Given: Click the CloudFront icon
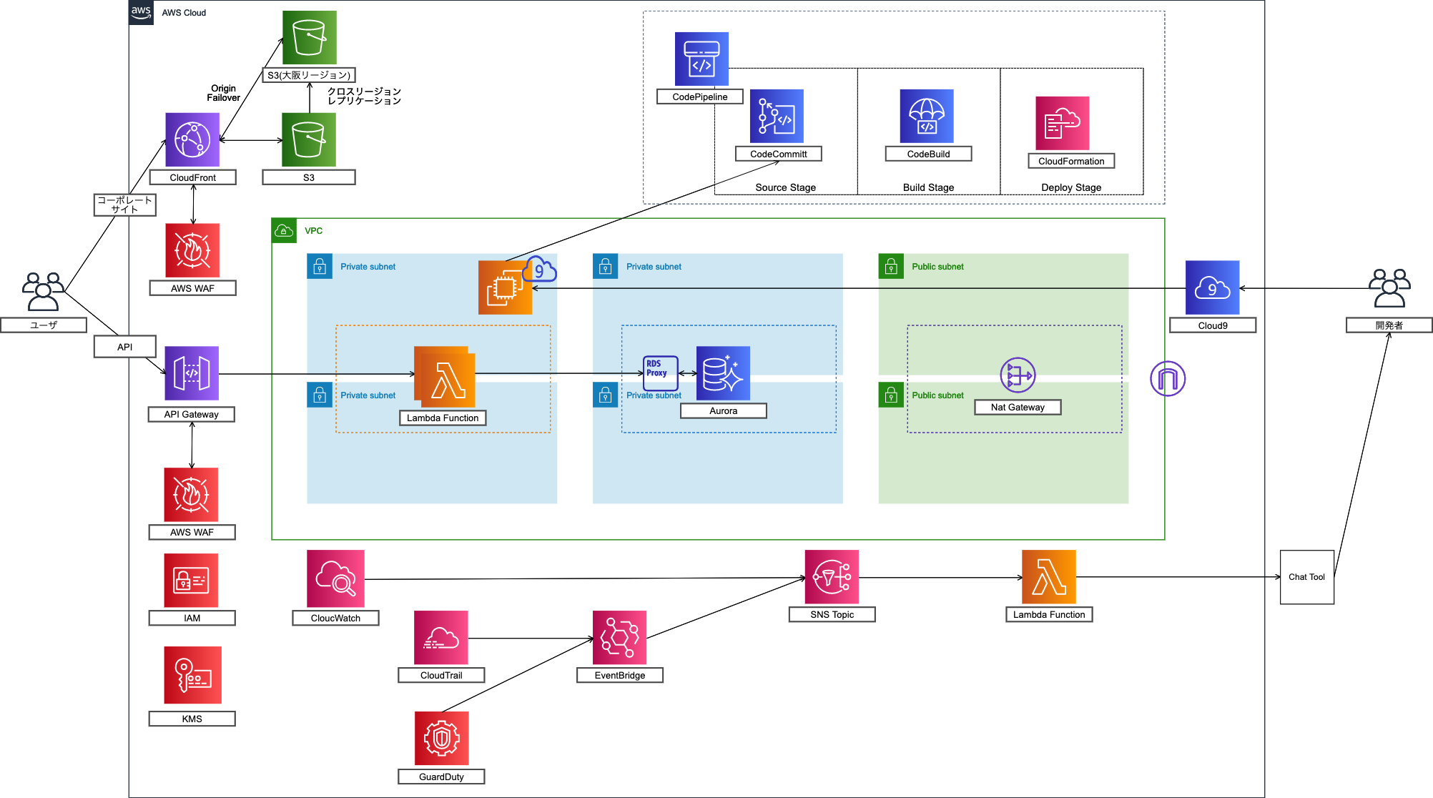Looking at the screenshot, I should pyautogui.click(x=192, y=139).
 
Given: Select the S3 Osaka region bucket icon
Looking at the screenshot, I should pyautogui.click(x=309, y=38).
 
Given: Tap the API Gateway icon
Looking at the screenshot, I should pyautogui.click(x=192, y=373).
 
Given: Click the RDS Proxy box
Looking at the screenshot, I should pyautogui.click(x=659, y=373).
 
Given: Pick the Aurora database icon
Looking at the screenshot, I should pyautogui.click(x=723, y=373).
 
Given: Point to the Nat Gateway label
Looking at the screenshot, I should pyautogui.click(x=1017, y=408).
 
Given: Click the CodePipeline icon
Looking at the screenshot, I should pyautogui.click(x=701, y=59).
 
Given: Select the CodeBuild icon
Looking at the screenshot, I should pyautogui.click(x=927, y=116).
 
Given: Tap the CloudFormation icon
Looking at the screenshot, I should pyautogui.click(x=1063, y=123).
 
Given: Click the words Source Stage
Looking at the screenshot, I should pyautogui.click(x=785, y=187).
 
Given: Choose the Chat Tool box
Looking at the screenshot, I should pyautogui.click(x=1306, y=577).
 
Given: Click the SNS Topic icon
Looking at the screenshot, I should pyautogui.click(x=832, y=576).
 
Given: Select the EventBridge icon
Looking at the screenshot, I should pyautogui.click(x=619, y=637).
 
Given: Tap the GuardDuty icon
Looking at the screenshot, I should pyautogui.click(x=441, y=738).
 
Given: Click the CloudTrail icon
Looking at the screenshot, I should pyautogui.click(x=440, y=637).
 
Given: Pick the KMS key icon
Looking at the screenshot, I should pyautogui.click(x=192, y=675).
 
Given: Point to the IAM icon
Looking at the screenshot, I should pyautogui.click(x=191, y=580).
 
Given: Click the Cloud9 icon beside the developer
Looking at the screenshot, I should pyautogui.click(x=1212, y=287).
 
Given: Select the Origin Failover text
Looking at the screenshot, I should pyautogui.click(x=224, y=93).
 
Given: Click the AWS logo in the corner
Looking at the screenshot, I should pyautogui.click(x=141, y=12).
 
